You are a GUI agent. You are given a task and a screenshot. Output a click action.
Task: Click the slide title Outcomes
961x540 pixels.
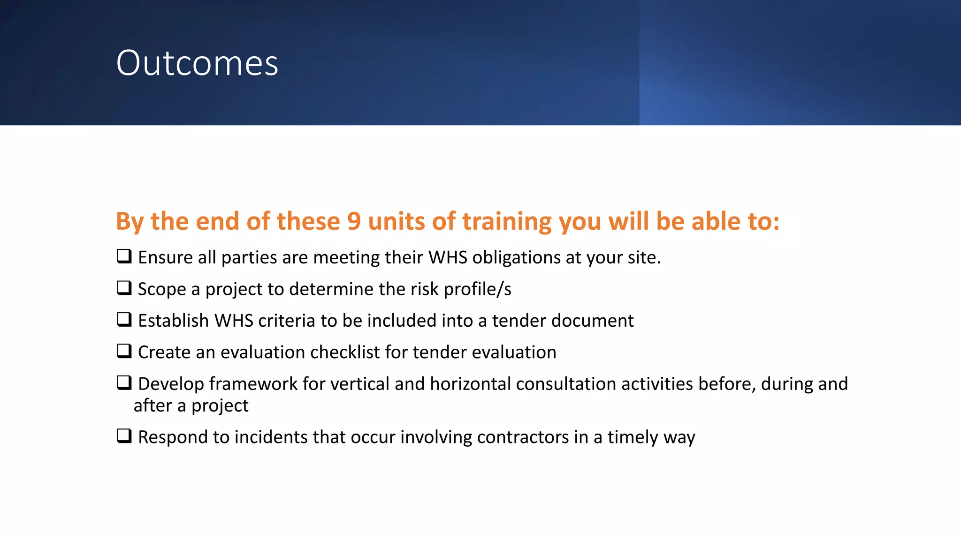click(x=197, y=63)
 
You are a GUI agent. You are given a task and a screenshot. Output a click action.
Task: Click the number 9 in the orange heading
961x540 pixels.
click(x=354, y=221)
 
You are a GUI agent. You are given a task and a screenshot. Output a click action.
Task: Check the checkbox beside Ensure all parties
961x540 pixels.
click(x=124, y=256)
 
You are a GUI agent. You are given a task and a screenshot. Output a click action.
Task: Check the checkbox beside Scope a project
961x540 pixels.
click(x=124, y=288)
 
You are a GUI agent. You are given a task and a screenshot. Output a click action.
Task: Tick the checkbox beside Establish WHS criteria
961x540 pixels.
click(x=124, y=320)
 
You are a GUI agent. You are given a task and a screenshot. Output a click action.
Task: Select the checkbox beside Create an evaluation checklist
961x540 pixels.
click(x=124, y=351)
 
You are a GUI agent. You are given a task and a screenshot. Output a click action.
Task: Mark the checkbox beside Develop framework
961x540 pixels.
click(x=124, y=382)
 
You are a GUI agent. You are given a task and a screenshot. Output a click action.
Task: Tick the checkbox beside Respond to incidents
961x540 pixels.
click(x=124, y=436)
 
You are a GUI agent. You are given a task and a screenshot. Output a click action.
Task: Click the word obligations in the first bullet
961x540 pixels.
click(x=516, y=258)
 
